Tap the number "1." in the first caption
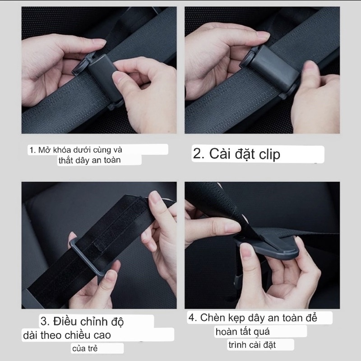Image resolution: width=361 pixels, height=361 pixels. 32,150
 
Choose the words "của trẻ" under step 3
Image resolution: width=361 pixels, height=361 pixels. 85,348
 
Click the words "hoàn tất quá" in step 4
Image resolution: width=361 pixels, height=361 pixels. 242,332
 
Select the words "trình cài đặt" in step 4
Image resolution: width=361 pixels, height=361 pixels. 252,345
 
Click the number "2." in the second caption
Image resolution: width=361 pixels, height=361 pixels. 199,153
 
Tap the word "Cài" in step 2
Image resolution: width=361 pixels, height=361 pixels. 219,153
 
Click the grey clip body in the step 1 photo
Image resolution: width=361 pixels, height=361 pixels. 102,76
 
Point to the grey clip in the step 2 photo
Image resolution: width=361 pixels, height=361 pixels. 272,67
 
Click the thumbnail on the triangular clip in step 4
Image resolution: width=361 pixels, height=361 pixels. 246,251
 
